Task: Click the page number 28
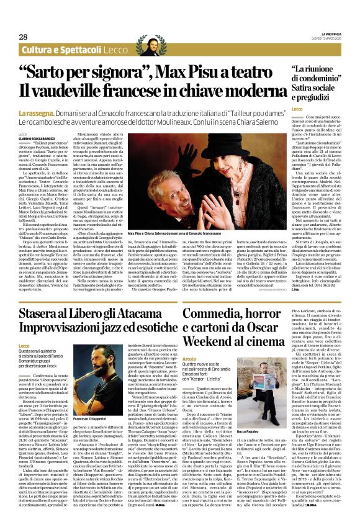click(x=23, y=37)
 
